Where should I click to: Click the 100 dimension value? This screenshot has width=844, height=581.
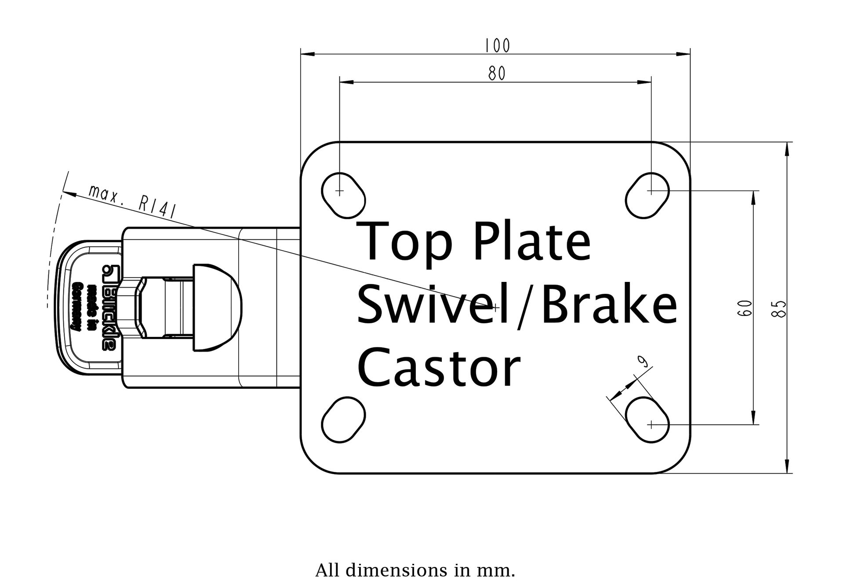(x=497, y=45)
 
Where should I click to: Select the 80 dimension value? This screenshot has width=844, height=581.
(x=497, y=73)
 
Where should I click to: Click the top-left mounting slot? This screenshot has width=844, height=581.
(x=343, y=195)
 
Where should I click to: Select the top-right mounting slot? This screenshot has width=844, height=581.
(x=647, y=195)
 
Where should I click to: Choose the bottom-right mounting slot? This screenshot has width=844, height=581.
(x=647, y=419)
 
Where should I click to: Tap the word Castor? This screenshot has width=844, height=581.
(x=438, y=367)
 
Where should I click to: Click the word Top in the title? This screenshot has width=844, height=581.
(x=404, y=241)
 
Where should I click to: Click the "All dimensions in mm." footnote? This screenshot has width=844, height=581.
(x=415, y=570)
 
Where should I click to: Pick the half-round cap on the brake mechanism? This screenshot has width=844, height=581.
(x=218, y=307)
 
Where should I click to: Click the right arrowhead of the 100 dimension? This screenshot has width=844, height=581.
(x=685, y=54)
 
